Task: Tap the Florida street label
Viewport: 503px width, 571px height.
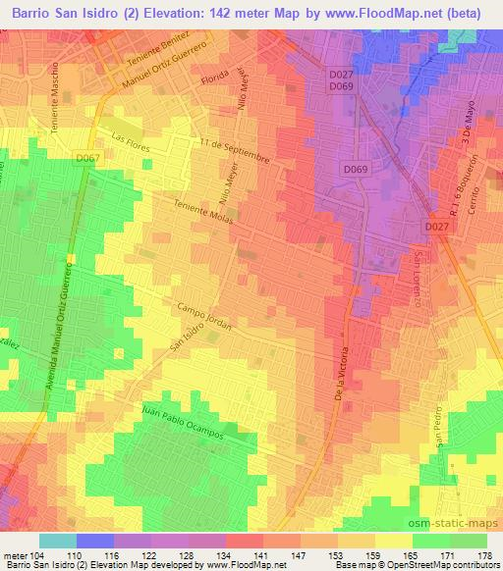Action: [x=214, y=76]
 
